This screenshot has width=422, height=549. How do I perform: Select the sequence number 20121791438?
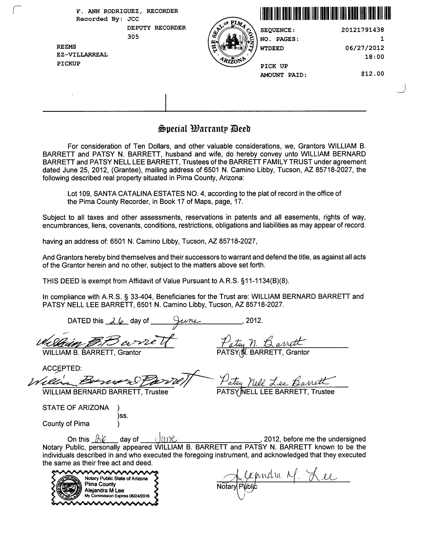[x=363, y=30]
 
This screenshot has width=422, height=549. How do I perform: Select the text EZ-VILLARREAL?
[x=82, y=55]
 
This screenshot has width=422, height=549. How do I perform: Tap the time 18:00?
[x=374, y=57]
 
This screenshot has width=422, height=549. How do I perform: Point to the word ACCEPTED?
[x=62, y=368]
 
